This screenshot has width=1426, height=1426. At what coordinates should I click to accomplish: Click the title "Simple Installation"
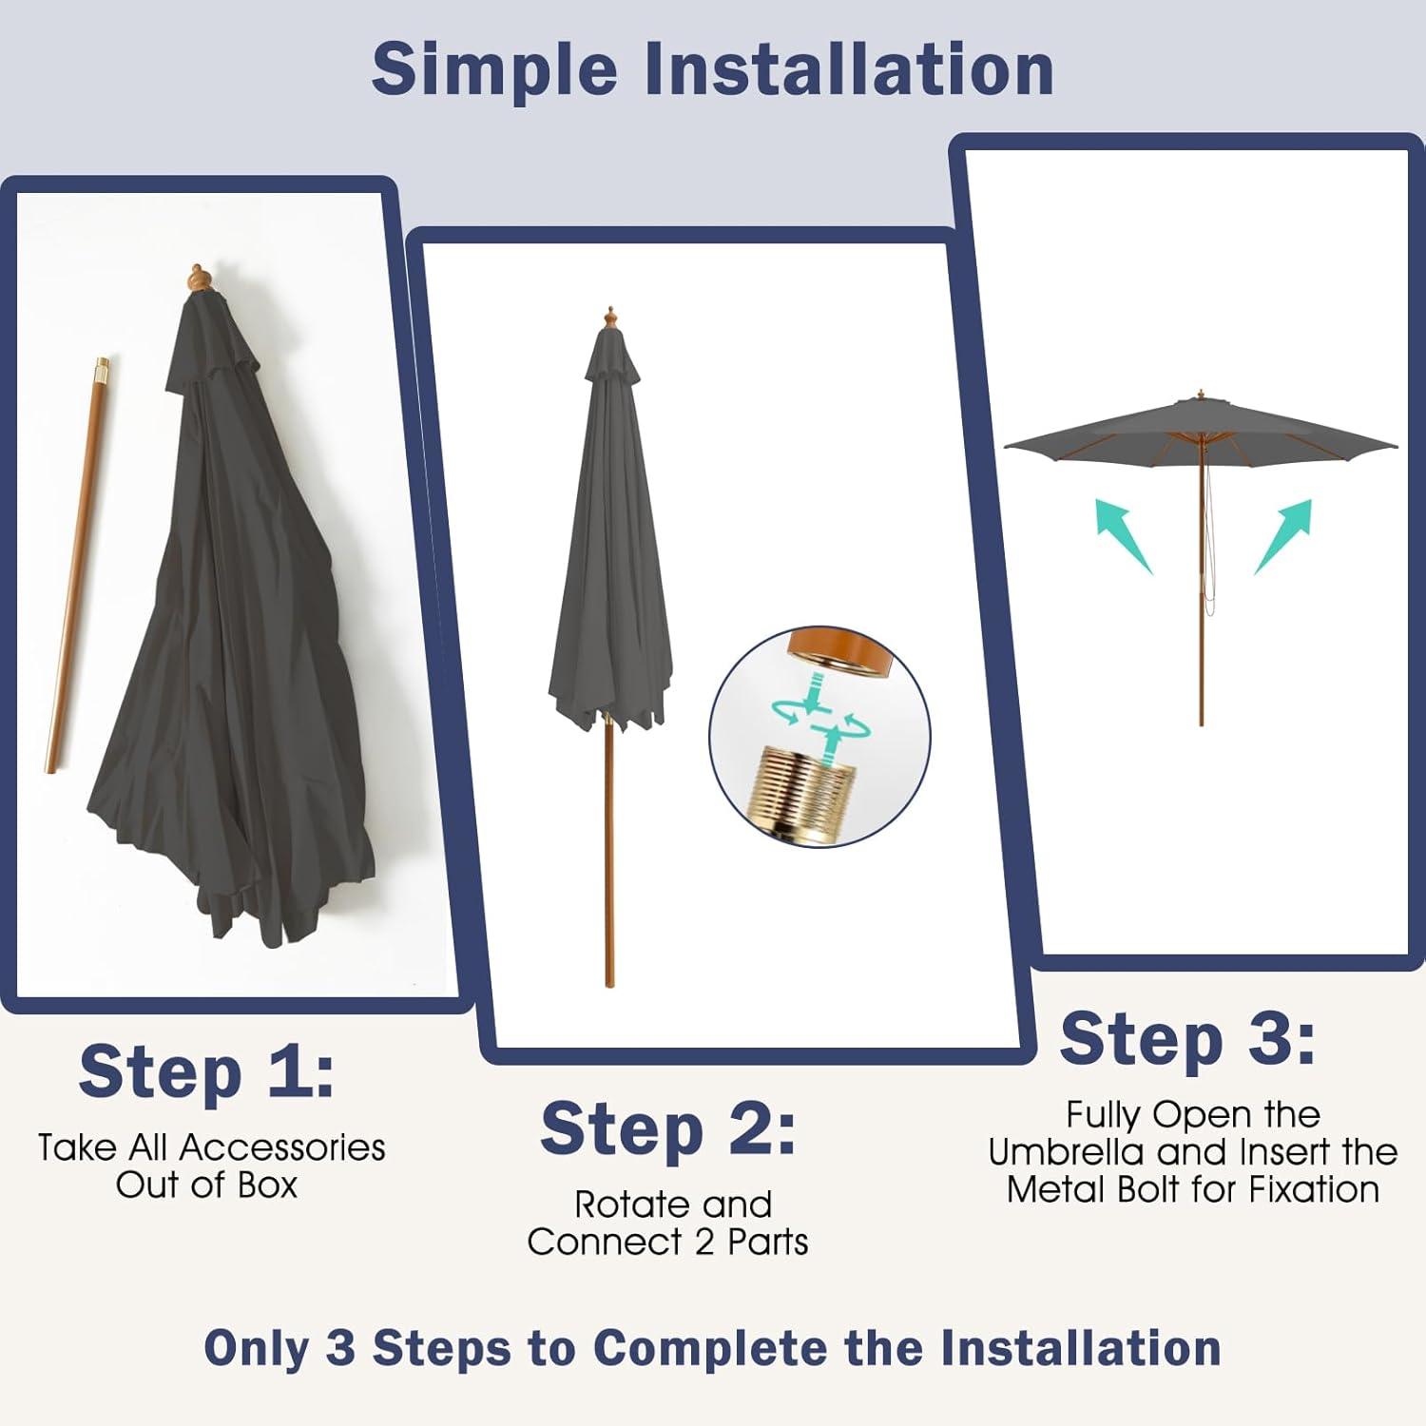coord(712,68)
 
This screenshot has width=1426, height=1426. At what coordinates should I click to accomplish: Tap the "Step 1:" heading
coord(206,1071)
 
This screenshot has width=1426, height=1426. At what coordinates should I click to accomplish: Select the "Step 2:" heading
coord(667,1128)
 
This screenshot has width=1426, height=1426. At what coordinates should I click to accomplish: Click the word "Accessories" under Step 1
coord(282,1147)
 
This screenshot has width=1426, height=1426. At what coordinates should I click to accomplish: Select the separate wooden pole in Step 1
coord(76,565)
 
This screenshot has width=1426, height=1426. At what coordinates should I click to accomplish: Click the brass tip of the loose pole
coord(102,367)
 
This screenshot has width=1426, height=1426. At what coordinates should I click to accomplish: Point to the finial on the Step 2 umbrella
coord(610,318)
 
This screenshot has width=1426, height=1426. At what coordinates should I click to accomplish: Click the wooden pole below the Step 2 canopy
coord(609,851)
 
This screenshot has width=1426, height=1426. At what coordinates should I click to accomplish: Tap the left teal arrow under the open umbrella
coord(1124,535)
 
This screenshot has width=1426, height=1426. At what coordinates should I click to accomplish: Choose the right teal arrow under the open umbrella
coord(1283,536)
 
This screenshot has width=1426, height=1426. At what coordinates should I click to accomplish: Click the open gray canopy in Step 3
coord(1201,426)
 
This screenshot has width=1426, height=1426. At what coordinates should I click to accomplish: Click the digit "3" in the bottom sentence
coord(339,1348)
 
